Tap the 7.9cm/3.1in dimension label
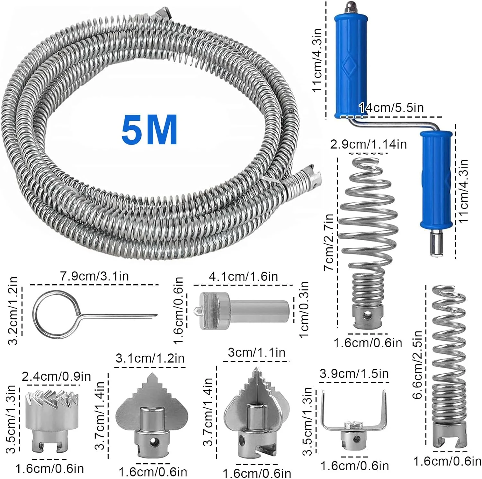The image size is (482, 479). [x=94, y=276]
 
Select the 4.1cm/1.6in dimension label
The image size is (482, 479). [x=243, y=276]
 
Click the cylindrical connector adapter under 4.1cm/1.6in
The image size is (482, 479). [x=244, y=311]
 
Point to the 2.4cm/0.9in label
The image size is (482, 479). [x=56, y=376]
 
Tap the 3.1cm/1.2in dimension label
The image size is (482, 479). [x=150, y=358]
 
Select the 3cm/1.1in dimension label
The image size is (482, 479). [x=257, y=352]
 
